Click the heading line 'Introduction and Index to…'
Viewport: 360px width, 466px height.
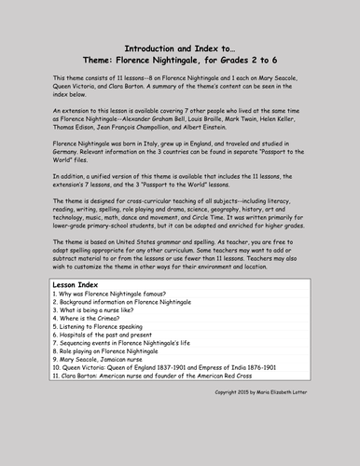[179, 48]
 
